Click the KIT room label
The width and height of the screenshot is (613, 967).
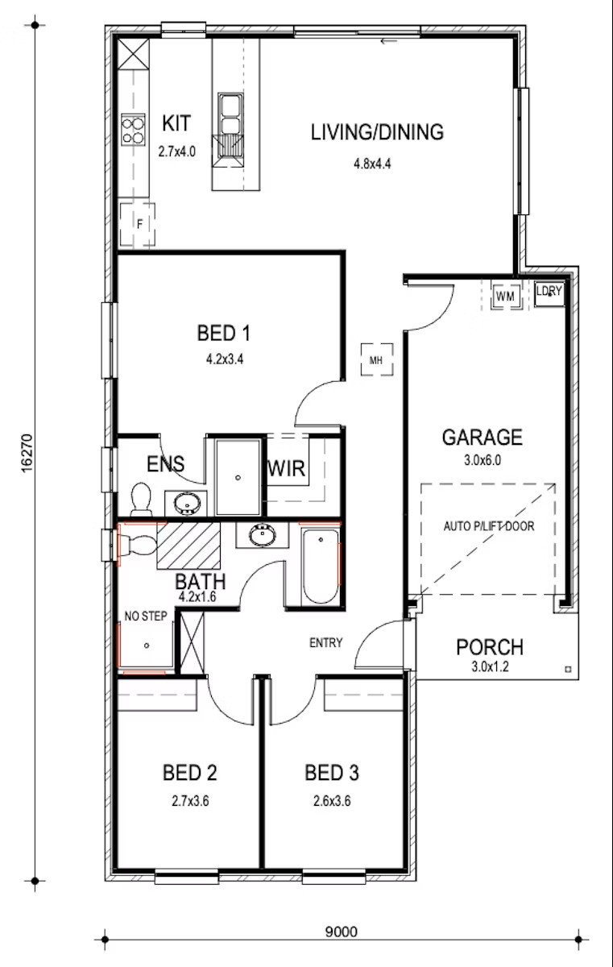click(176, 123)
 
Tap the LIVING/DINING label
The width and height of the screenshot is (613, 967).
click(378, 132)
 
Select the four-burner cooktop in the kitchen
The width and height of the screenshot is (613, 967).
click(133, 130)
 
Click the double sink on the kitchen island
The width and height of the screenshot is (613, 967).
click(230, 114)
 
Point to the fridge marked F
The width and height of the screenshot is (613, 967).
click(138, 224)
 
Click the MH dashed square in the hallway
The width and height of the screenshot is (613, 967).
click(377, 359)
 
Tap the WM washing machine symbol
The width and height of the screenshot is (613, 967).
click(506, 297)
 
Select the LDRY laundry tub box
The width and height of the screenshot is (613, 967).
click(549, 294)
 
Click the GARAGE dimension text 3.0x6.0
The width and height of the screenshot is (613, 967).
click(483, 460)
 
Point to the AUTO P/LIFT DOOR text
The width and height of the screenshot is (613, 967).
click(489, 525)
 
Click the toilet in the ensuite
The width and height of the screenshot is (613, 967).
click(141, 499)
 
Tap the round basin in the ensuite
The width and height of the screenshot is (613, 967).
click(187, 503)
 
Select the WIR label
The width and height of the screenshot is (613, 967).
click(287, 468)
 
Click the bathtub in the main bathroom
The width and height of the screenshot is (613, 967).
click(321, 567)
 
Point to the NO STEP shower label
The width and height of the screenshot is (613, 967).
click(146, 616)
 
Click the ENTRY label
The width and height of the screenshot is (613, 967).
click(326, 643)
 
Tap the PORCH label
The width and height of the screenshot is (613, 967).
click(490, 647)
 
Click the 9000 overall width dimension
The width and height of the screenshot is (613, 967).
click(342, 932)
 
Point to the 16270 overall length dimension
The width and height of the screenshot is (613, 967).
click(27, 453)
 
